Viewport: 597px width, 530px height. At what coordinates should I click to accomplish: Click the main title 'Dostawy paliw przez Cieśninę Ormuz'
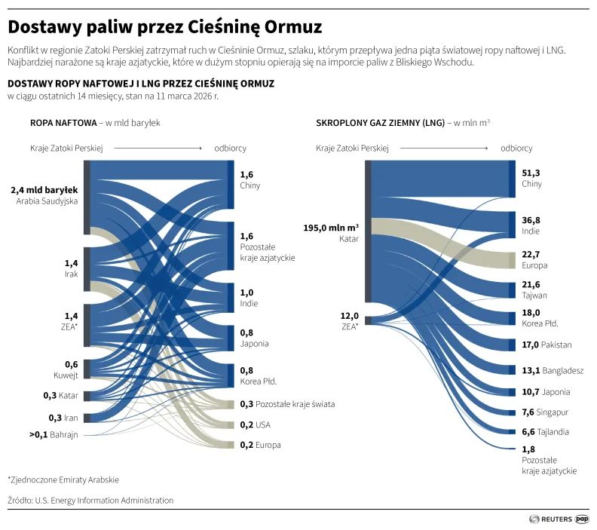click(165, 27)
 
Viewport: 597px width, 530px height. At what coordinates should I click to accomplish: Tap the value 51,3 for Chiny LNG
click(531, 173)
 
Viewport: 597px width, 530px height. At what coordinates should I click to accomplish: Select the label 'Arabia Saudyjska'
click(47, 201)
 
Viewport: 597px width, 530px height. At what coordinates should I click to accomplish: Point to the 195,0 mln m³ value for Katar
click(331, 227)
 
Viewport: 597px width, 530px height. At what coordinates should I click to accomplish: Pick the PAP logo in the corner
click(582, 519)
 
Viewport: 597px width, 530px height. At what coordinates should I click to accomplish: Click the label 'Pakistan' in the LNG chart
click(556, 345)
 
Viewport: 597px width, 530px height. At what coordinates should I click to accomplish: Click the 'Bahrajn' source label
click(64, 434)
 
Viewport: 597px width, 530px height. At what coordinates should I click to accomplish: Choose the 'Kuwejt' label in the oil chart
click(66, 375)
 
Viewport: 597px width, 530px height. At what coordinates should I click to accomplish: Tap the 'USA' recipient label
click(263, 424)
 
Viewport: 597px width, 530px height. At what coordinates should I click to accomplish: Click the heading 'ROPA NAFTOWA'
click(63, 122)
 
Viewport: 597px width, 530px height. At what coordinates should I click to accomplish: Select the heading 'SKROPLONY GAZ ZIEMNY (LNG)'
click(381, 122)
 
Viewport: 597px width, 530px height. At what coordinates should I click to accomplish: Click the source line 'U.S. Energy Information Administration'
click(103, 500)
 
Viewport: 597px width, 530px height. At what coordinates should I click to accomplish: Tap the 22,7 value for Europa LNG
click(531, 254)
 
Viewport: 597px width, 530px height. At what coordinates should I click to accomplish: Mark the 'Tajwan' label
click(534, 295)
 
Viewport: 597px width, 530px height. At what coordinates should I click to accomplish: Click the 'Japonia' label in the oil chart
click(254, 344)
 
